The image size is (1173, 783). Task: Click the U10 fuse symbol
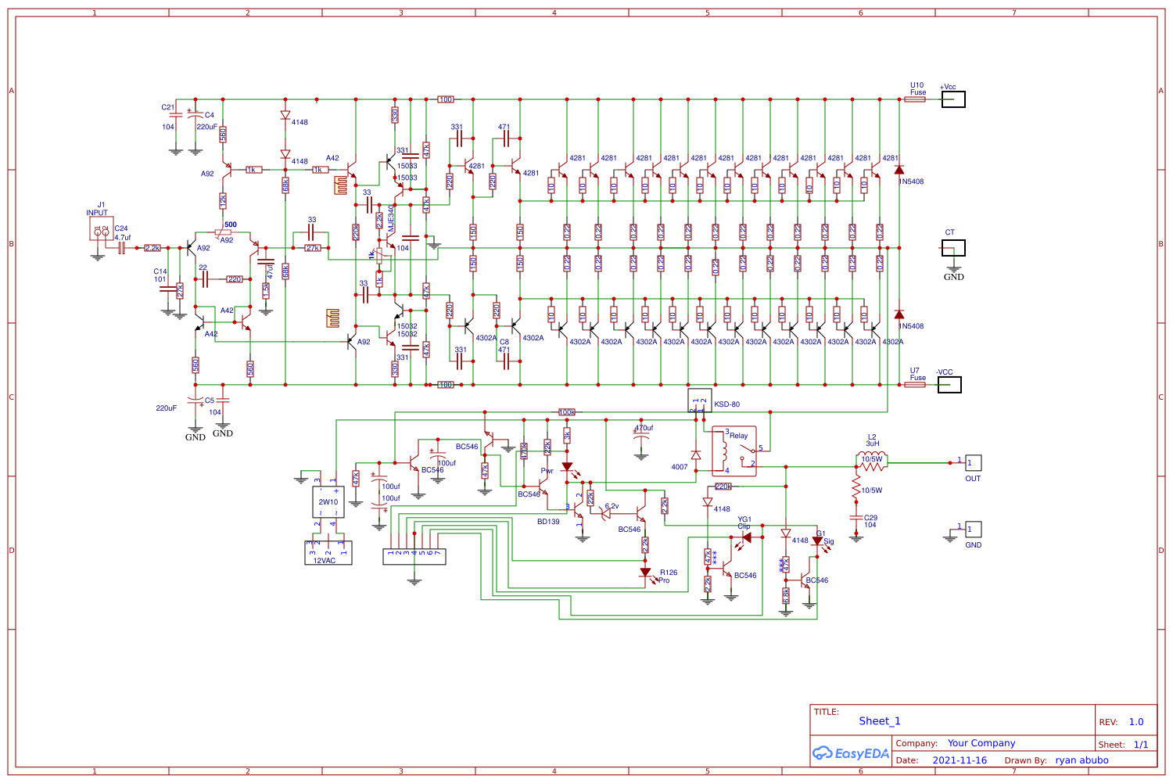pos(914,99)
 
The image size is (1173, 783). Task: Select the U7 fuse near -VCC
pos(914,385)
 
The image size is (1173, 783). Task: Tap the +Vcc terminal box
pos(952,99)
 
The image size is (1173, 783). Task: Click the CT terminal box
pos(952,248)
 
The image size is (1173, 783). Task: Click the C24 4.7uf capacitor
pos(122,248)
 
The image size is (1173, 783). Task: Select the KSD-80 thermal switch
pos(699,400)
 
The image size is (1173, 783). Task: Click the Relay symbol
pos(734,451)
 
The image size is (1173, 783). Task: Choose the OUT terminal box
pos(973,463)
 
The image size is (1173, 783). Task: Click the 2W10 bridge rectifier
pos(328,501)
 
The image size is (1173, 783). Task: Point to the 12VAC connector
pos(328,552)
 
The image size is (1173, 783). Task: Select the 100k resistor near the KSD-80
pos(567,412)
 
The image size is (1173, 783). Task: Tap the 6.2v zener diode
pos(605,514)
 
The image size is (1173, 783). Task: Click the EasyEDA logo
pos(851,753)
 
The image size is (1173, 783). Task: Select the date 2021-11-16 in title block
pos(960,760)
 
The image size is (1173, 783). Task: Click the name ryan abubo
pos(1082,760)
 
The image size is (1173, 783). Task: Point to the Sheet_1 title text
pos(879,721)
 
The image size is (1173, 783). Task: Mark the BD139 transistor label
pos(548,522)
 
